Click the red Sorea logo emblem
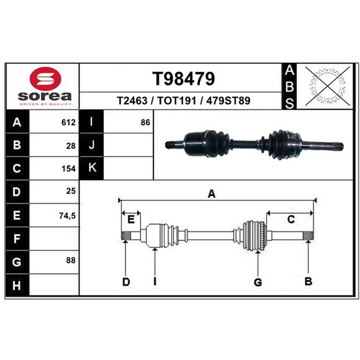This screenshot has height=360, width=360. point(45,78)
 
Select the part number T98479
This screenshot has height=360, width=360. point(184,79)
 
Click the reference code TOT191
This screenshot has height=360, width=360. point(176,100)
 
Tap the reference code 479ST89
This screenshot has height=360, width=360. point(228,100)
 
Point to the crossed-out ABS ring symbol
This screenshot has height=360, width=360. point(328,86)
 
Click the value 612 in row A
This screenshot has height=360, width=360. point(68,122)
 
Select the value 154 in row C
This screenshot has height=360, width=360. point(68,169)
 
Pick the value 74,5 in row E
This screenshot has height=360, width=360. point(67,216)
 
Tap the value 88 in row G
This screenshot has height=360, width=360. point(71,261)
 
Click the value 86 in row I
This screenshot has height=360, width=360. point(145,122)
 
